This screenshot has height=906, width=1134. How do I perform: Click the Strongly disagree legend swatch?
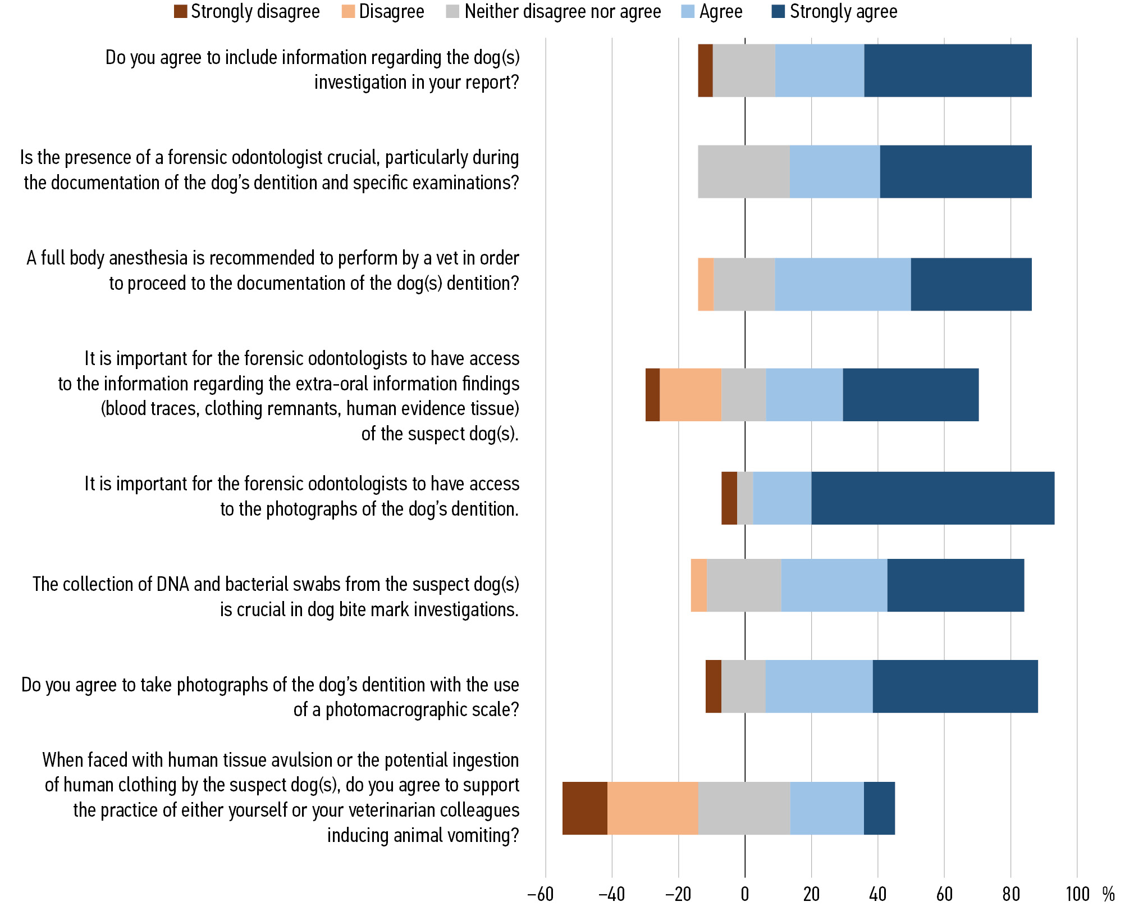[x=180, y=12]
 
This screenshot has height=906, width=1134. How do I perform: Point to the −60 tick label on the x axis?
[x=541, y=894]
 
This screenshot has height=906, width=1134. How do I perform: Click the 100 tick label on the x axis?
[x=1077, y=894]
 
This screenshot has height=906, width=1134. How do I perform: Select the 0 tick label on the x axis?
[x=745, y=894]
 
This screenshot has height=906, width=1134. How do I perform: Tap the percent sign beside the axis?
[x=1109, y=894]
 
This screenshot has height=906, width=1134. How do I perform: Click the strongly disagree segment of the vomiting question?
[x=584, y=808]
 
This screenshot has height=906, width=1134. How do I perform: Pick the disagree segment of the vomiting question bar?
[x=652, y=808]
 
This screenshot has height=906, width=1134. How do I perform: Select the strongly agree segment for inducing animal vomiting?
[x=879, y=808]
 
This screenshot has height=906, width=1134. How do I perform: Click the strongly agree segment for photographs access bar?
[x=932, y=498]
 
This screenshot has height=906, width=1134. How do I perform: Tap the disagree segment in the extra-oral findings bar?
[x=690, y=394]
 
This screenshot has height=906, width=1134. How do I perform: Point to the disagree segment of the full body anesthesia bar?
[x=706, y=284]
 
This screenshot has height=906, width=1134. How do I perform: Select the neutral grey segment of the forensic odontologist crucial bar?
[x=743, y=171]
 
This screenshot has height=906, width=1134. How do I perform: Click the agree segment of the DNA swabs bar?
[x=834, y=585]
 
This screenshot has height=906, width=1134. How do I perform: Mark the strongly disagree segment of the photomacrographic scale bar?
[x=713, y=686]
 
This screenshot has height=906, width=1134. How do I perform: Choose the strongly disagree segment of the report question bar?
[x=705, y=70]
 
